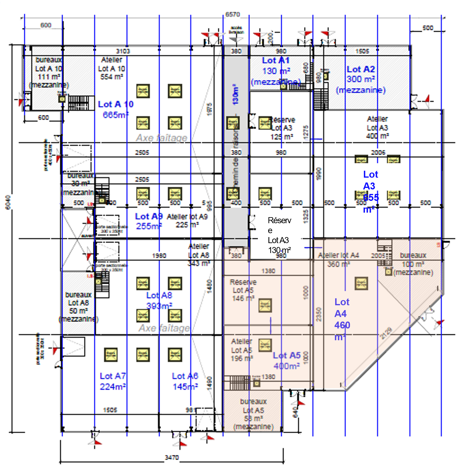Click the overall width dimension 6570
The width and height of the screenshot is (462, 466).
pyautogui.click(x=233, y=14)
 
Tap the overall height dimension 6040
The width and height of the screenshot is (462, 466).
pyautogui.click(x=8, y=202)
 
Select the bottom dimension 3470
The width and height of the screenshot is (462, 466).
pyautogui.click(x=172, y=458)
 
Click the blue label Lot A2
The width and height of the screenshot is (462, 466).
pyautogui.click(x=361, y=69)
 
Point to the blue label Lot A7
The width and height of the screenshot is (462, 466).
pyautogui.click(x=113, y=376)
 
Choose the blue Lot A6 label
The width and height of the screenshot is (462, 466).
pyautogui.click(x=185, y=376)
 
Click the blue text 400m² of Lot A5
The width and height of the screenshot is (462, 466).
pyautogui.click(x=287, y=366)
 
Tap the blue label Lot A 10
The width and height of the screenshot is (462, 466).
pyautogui.click(x=116, y=104)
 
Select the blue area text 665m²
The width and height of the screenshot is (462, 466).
pyautogui.click(x=116, y=115)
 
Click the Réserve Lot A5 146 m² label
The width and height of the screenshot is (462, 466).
pyautogui.click(x=243, y=290)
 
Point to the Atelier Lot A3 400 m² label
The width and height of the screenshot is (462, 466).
pyautogui.click(x=377, y=128)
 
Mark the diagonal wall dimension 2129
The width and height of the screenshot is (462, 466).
pyautogui.click(x=387, y=333)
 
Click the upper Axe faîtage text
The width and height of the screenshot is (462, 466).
pyautogui.click(x=162, y=138)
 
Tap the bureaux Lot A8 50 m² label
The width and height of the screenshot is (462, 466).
pyautogui.click(x=79, y=306)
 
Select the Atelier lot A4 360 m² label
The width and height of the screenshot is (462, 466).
pyautogui.click(x=338, y=260)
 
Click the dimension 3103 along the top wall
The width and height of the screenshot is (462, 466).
pyautogui.click(x=123, y=51)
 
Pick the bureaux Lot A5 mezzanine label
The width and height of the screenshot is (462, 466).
pyautogui.click(x=253, y=414)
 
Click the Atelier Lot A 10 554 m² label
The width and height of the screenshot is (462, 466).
pyautogui.click(x=111, y=68)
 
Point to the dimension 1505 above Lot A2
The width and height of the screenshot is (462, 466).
pyautogui.click(x=362, y=51)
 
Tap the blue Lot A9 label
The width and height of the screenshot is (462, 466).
pyautogui.click(x=149, y=216)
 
